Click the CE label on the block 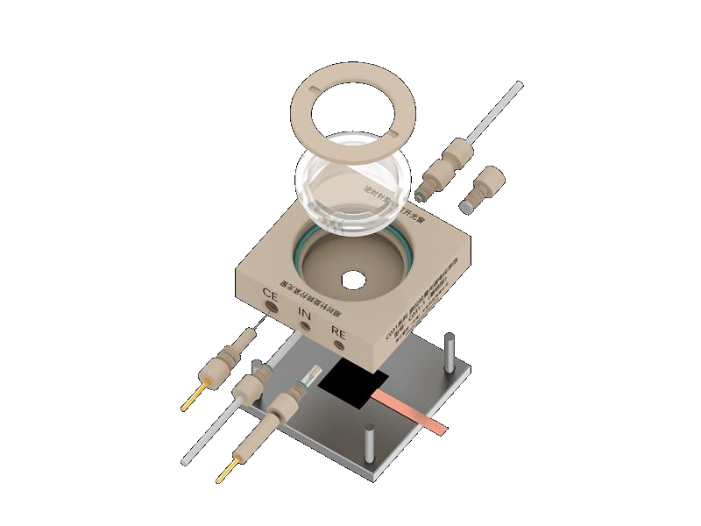coord(270,295)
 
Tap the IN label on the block coord(305,313)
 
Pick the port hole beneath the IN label coord(304,327)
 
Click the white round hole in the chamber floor coord(352,281)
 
